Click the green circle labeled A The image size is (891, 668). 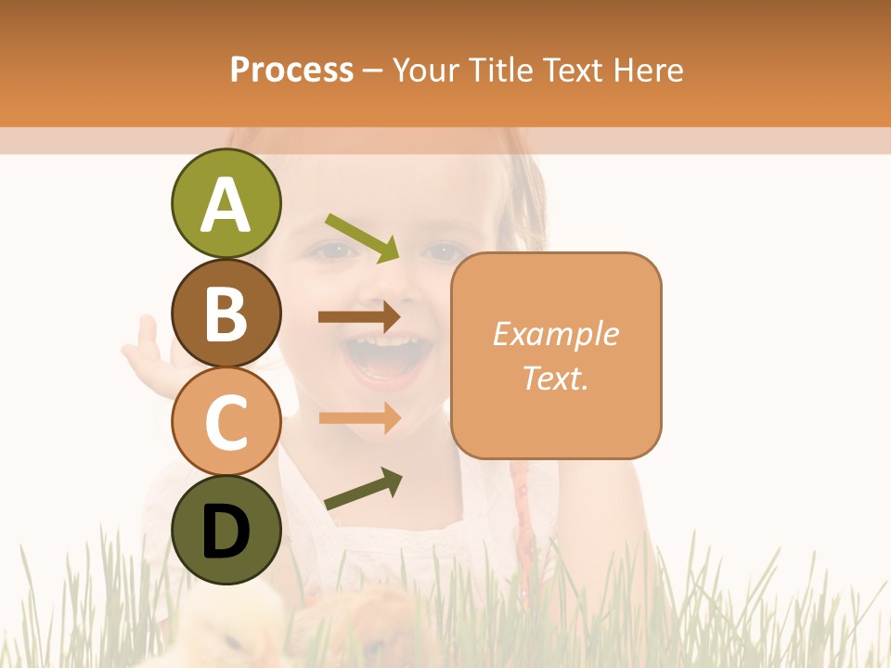tap(226, 203)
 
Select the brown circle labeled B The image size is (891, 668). tap(226, 313)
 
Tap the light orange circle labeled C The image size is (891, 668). tap(226, 421)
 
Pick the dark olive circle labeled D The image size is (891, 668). tap(226, 530)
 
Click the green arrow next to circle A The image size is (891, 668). tap(363, 238)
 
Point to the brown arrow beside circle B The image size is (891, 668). tap(359, 316)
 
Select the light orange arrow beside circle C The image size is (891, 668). tap(360, 417)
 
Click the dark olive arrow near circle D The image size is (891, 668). tap(364, 489)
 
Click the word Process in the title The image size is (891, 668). tap(291, 70)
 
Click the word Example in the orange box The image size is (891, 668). tap(555, 334)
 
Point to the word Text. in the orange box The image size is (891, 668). tap(555, 378)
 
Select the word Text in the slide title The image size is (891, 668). tap(573, 70)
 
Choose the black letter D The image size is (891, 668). tap(226, 532)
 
